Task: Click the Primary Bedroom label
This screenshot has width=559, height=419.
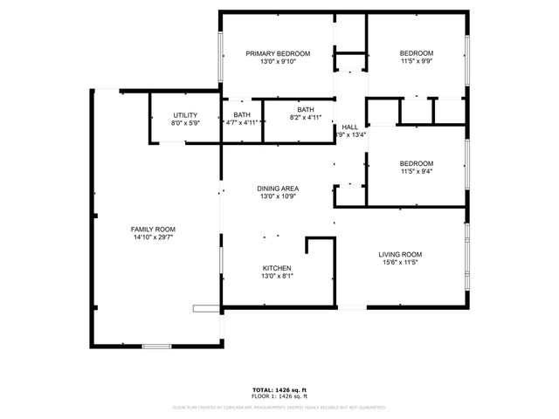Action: pyautogui.click(x=278, y=53)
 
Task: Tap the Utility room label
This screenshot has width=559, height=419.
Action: pyautogui.click(x=185, y=115)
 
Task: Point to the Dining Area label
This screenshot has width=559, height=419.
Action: pyautogui.click(x=278, y=189)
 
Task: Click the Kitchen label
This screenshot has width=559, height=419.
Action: pyautogui.click(x=278, y=268)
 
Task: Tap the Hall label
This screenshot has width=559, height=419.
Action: pyautogui.click(x=349, y=127)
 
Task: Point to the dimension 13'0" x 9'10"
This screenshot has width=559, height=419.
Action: pyautogui.click(x=278, y=62)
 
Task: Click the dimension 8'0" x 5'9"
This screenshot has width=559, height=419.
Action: pyautogui.click(x=185, y=123)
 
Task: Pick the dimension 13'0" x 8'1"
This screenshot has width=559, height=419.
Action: pyautogui.click(x=278, y=277)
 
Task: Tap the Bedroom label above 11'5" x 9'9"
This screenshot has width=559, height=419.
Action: pyautogui.click(x=417, y=53)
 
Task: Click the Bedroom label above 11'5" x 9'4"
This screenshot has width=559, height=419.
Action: pyautogui.click(x=417, y=163)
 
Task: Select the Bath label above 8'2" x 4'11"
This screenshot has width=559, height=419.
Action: pyautogui.click(x=293, y=109)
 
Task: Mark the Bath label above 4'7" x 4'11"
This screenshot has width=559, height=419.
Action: pyautogui.click(x=242, y=115)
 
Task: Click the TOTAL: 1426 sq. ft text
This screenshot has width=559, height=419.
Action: pyautogui.click(x=279, y=389)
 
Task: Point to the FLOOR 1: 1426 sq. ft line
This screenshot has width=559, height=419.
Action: pyautogui.click(x=279, y=396)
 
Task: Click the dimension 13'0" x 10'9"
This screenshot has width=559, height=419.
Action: pyautogui.click(x=278, y=197)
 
